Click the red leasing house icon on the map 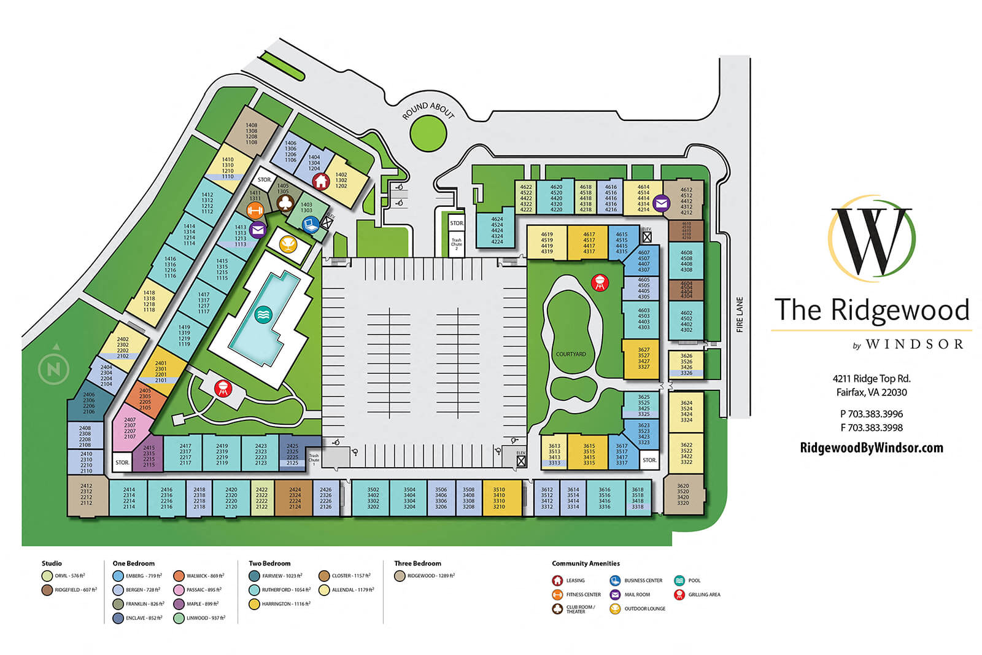point(320,181)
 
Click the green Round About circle point(428,133)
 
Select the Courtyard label point(570,354)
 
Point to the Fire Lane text point(740,315)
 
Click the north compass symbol point(54,368)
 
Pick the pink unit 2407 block point(130,428)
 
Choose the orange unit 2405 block point(145,399)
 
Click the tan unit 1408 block point(251,133)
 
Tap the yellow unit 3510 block point(499,498)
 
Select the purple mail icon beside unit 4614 point(661,203)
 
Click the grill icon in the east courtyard point(600,283)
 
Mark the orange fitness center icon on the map point(255,211)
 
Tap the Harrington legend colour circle point(254,604)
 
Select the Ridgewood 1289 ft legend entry point(424,576)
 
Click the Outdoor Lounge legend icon point(615,609)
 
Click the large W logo point(871,239)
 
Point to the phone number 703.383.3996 point(871,414)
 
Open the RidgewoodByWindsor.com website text point(871,448)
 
